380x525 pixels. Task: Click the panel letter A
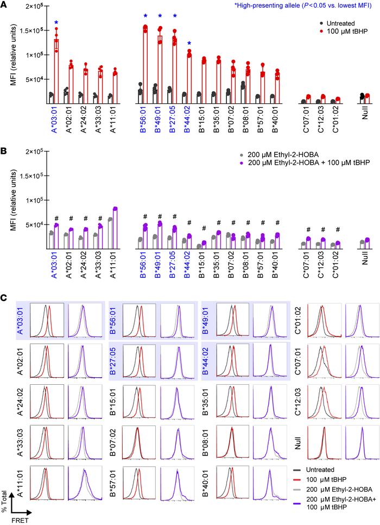tap(4, 5)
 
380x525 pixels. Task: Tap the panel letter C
tap(4, 298)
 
